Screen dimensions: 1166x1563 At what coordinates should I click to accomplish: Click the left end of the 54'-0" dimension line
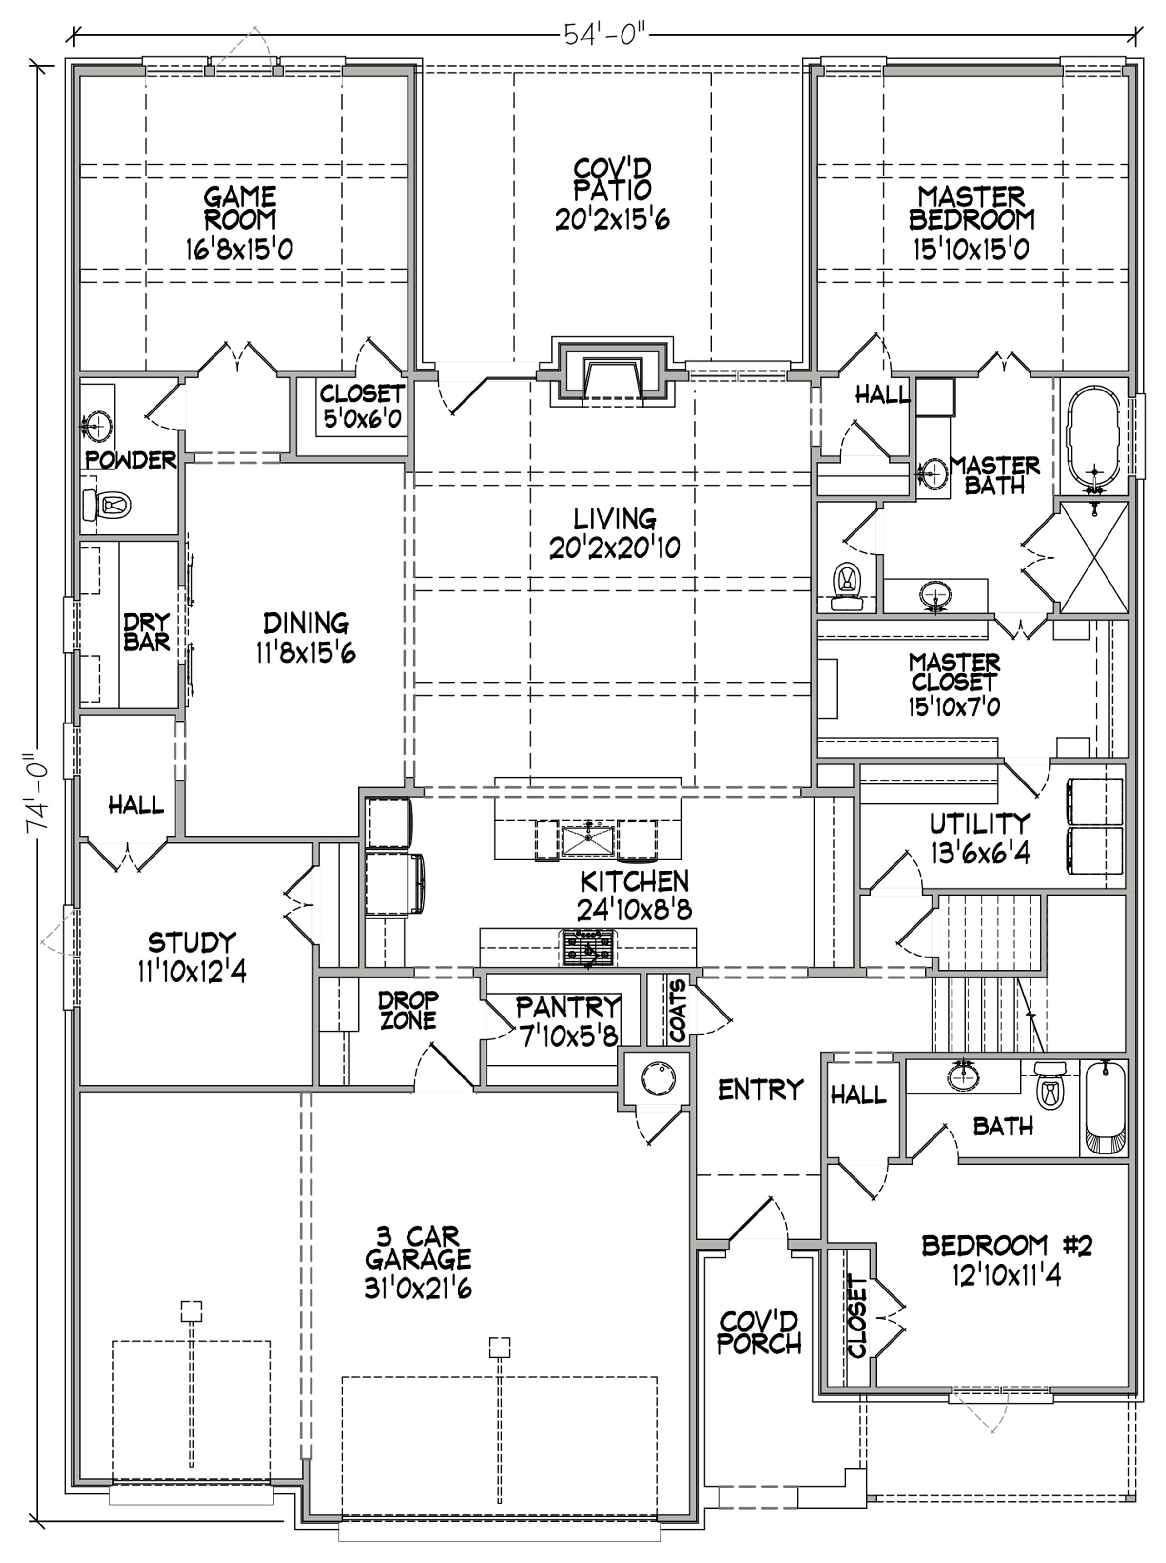75,33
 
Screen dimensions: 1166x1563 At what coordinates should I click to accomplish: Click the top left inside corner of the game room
80,76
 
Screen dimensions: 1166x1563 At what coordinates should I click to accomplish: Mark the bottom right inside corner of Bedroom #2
1128,1385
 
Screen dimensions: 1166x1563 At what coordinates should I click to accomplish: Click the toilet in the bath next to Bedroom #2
1051,1087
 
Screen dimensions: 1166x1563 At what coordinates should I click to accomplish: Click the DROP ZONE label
408,1010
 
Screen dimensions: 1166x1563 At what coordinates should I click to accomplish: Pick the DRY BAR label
147,631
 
